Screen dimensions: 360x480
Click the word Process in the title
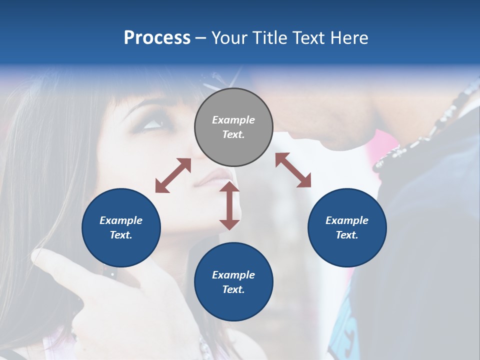point(157,38)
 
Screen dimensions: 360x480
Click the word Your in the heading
point(230,38)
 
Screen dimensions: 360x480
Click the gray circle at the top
point(233,127)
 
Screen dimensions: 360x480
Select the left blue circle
point(121,227)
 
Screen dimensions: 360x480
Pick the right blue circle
point(347,227)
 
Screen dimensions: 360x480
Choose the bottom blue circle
point(233,282)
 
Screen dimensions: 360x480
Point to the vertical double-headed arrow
point(229,205)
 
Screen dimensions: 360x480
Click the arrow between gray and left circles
point(173,175)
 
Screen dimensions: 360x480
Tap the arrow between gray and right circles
point(293,170)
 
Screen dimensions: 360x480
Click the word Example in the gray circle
point(233,120)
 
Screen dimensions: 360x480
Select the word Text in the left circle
point(121,235)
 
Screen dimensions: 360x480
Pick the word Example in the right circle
point(347,220)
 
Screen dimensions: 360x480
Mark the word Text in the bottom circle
point(233,289)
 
